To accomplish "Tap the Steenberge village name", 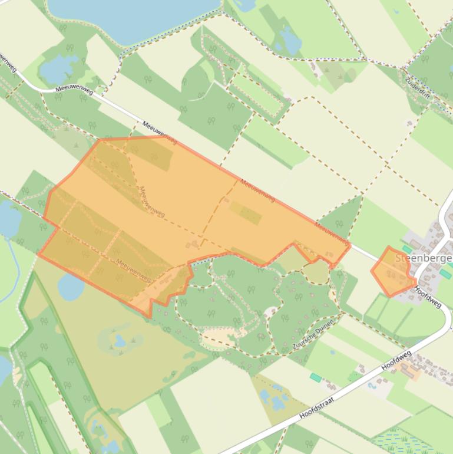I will click(x=423, y=258).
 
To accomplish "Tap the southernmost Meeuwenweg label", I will click(x=134, y=270).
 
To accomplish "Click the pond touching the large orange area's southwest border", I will click(x=70, y=288).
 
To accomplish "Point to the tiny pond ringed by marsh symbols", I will click(x=120, y=341).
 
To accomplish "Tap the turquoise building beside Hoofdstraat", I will click(x=316, y=377).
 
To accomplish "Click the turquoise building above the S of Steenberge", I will click(x=407, y=250).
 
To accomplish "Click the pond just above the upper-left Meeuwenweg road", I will click(x=57, y=69).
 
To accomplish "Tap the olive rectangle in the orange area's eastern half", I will click(x=245, y=213).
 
